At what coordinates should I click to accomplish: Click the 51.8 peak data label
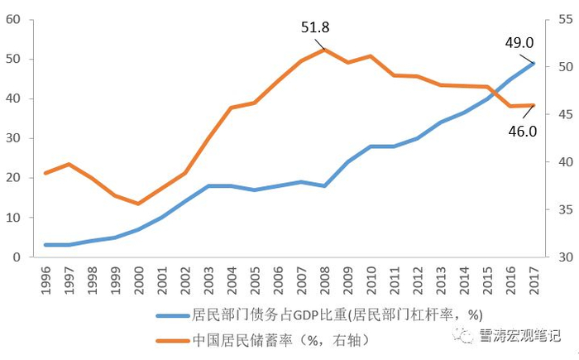click(x=315, y=27)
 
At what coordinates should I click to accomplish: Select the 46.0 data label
click(x=522, y=130)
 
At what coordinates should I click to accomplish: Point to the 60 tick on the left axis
click(x=12, y=19)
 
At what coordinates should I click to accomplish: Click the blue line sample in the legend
click(x=170, y=314)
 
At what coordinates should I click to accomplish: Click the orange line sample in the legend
click(x=170, y=339)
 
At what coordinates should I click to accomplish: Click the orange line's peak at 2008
click(x=324, y=49)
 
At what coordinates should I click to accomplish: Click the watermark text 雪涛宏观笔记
click(x=519, y=336)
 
